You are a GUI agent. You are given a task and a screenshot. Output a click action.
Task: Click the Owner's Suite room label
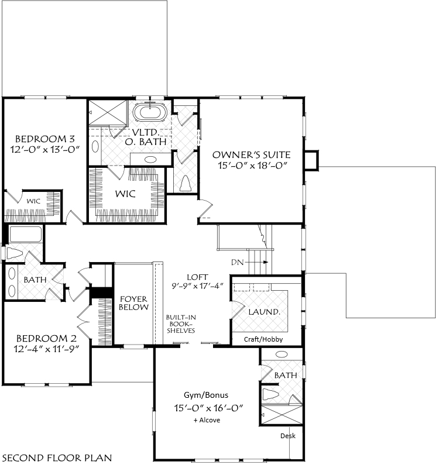pyautogui.click(x=251, y=155)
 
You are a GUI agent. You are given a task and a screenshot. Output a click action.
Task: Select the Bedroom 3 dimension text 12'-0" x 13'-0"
pyautogui.click(x=45, y=149)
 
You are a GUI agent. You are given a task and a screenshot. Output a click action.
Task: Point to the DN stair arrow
pyautogui.click(x=256, y=262)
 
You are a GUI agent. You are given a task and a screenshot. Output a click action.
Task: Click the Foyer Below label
pyautogui.click(x=133, y=303)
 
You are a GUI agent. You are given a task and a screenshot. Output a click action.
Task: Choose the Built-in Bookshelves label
pyautogui.click(x=181, y=324)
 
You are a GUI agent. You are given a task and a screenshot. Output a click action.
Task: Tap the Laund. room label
pyautogui.click(x=265, y=312)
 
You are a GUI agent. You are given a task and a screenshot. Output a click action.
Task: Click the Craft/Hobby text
pyautogui.click(x=263, y=339)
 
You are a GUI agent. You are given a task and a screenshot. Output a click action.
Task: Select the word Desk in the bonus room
pyautogui.click(x=288, y=436)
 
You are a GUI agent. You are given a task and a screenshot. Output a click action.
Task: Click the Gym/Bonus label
pyautogui.click(x=206, y=395)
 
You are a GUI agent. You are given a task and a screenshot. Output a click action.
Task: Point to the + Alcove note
pyautogui.click(x=207, y=420)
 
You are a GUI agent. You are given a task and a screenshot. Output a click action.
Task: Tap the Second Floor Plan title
pyautogui.click(x=57, y=458)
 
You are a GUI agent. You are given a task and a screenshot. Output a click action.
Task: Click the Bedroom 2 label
pyautogui.click(x=46, y=339)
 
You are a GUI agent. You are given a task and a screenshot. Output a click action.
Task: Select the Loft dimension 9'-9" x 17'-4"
pyautogui.click(x=197, y=286)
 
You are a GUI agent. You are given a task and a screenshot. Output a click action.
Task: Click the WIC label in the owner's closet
pyautogui.click(x=125, y=194)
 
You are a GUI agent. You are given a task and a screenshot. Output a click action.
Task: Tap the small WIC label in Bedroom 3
pyautogui.click(x=33, y=201)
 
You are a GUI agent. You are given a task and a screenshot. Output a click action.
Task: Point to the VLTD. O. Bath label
pyautogui.click(x=146, y=137)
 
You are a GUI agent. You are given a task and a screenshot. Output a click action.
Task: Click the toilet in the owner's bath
pyautogui.click(x=186, y=183)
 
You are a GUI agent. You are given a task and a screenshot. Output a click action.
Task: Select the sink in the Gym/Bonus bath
pyautogui.click(x=281, y=355)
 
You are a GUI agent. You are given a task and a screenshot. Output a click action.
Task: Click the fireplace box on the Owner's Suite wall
pyautogui.click(x=311, y=160)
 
